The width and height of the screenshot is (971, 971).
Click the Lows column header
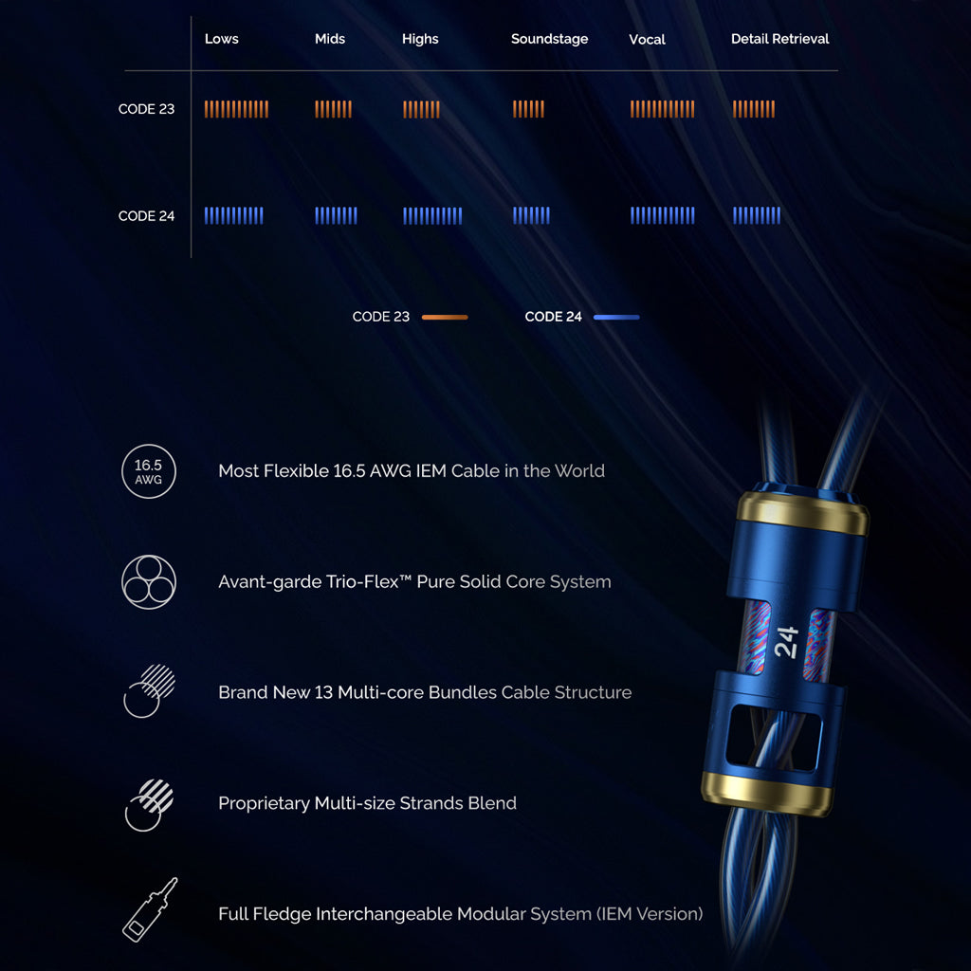[221, 39]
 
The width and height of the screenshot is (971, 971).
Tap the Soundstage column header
[549, 39]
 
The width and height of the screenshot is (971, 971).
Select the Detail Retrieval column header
[779, 39]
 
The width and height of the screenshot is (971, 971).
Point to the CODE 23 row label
[146, 109]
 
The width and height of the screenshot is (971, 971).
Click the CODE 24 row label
[146, 216]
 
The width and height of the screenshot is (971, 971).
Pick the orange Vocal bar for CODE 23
[662, 109]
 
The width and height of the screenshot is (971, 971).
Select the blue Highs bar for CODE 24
[431, 216]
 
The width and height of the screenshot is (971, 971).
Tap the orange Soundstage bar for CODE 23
[528, 109]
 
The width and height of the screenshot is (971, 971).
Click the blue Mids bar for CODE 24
[336, 216]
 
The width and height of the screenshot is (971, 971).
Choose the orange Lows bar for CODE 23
[236, 109]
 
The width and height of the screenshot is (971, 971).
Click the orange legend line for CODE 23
[445, 317]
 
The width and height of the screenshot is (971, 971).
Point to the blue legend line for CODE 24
[616, 317]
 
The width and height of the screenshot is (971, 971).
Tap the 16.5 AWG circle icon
[149, 471]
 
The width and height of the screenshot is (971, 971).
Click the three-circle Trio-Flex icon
[149, 581]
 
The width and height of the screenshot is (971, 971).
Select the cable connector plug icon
[150, 909]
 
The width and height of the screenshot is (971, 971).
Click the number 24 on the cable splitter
[786, 644]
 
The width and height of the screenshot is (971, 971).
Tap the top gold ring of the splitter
[802, 514]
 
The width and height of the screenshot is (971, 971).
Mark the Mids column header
[330, 39]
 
